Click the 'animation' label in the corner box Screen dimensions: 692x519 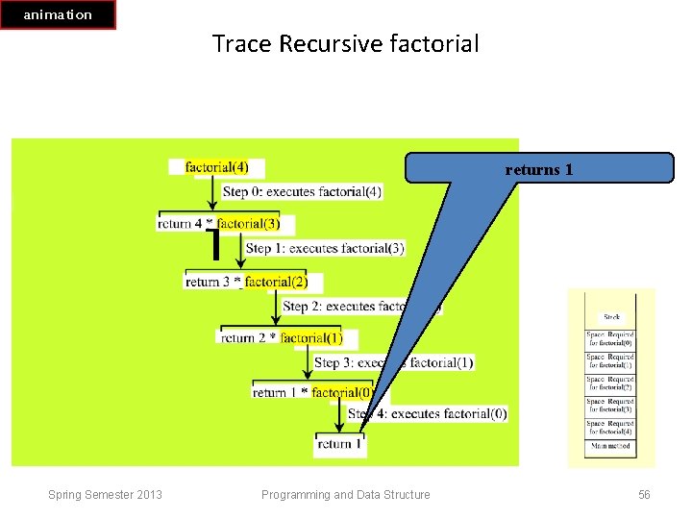58,14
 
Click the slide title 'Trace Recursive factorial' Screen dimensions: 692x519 345,44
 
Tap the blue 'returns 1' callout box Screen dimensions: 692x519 539,169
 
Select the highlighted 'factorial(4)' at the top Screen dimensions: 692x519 216,167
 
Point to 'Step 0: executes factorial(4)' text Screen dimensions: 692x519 302,191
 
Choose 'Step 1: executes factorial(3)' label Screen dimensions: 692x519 325,248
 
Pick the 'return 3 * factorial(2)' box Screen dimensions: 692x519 253,282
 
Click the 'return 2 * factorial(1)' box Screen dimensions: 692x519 286,338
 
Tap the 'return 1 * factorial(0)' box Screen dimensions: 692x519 312,392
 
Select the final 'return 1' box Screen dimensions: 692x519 340,444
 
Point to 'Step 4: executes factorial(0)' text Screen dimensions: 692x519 428,413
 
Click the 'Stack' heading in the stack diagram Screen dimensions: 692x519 611,316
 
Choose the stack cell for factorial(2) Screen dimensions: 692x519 611,383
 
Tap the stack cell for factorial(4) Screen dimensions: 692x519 611,427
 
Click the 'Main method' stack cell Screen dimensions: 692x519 611,445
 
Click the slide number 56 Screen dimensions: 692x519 644,495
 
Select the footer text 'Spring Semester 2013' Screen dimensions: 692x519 105,495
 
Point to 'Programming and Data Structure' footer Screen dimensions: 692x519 346,495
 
